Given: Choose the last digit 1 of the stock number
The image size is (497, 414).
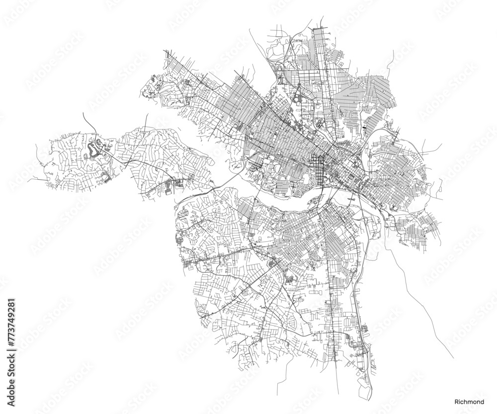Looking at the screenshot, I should pos(12,301).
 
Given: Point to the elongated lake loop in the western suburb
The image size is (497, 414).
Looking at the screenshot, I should pos(92,149).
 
